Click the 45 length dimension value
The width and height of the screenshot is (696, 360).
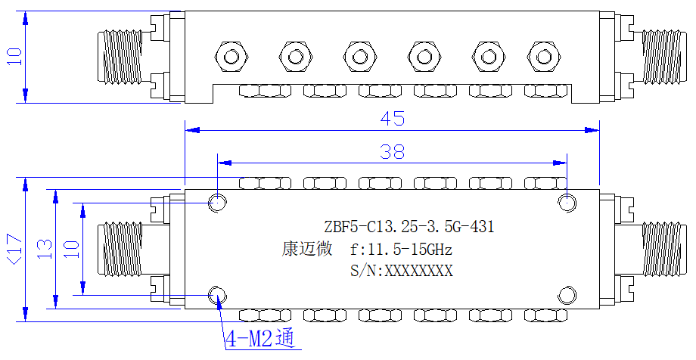(393, 119)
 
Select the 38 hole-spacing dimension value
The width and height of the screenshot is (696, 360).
(393, 152)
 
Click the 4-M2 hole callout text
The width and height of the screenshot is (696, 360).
(260, 340)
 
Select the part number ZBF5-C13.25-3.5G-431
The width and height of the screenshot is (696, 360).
(409, 227)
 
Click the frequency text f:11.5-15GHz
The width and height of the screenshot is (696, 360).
(401, 250)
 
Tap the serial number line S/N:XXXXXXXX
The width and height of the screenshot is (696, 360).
(401, 270)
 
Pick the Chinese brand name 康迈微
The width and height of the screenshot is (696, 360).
(307, 249)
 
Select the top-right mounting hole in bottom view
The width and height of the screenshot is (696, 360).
(567, 203)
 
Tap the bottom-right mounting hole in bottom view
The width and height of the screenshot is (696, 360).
(567, 295)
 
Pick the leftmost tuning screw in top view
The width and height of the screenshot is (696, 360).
(231, 57)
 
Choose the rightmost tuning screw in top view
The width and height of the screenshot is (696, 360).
(544, 57)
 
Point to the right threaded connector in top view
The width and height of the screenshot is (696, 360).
(661, 57)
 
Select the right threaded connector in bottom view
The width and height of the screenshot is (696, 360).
(661, 249)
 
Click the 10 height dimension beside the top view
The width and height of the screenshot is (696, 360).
(14, 57)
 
